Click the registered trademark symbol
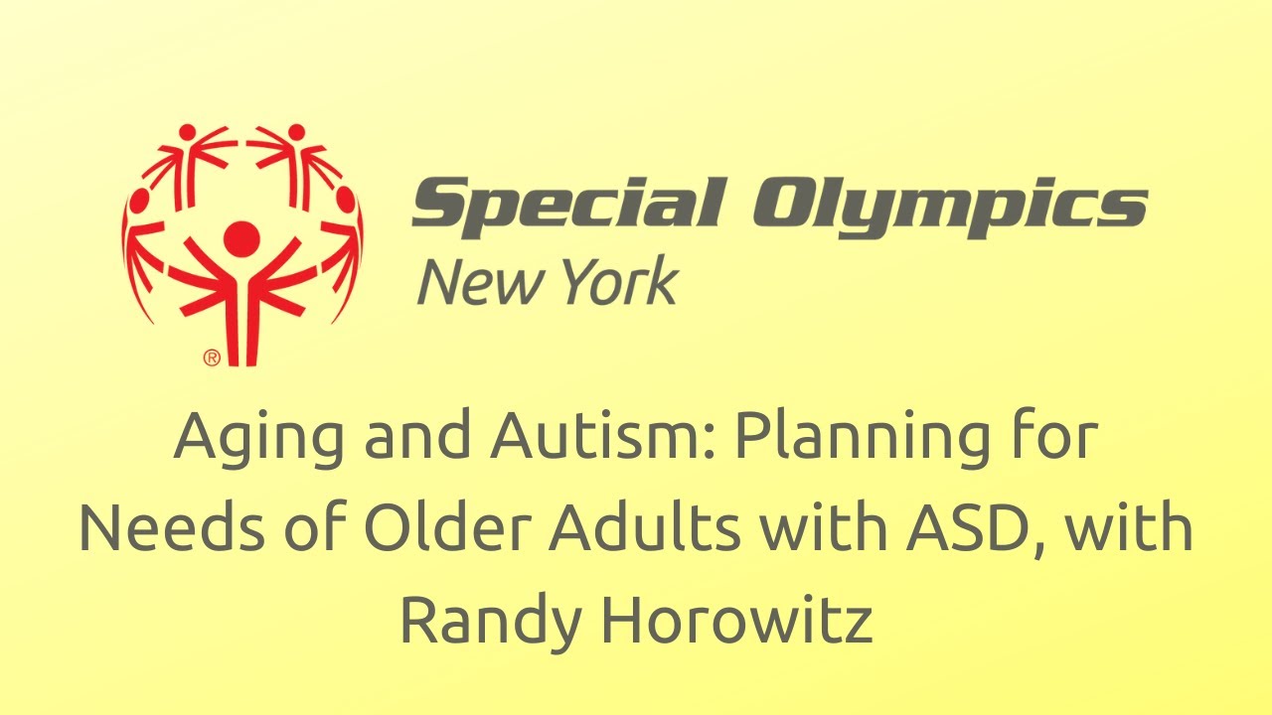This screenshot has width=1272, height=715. coord(212,358)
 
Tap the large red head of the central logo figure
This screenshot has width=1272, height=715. coord(241,239)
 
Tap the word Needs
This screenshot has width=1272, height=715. coord(172,527)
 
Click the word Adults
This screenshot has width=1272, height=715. coord(645,526)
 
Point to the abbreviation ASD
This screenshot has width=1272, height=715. coord(965,527)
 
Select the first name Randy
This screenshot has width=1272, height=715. coord(491,623)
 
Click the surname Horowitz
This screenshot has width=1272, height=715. coord(736,618)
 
